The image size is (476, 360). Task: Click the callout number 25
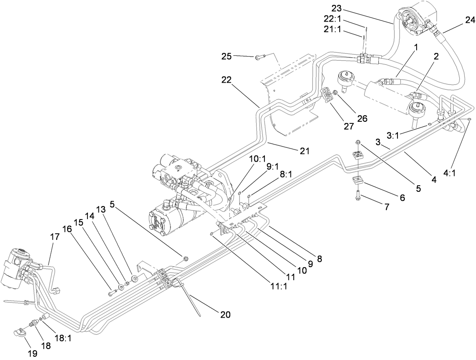click(x=227, y=56)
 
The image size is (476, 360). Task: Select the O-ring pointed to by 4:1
click(x=469, y=119)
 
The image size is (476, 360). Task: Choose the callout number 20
click(x=225, y=314)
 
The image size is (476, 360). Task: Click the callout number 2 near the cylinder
click(x=436, y=57)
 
